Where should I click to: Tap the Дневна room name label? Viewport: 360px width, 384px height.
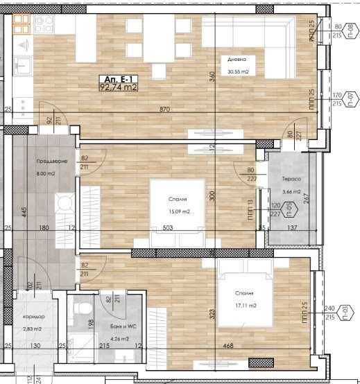[x=237, y=60]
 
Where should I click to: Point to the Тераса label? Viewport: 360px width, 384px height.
[x=290, y=179]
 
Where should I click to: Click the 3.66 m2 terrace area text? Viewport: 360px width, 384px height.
[x=291, y=191]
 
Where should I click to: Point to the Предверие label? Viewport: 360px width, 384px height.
[x=52, y=162]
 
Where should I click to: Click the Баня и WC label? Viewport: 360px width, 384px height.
[x=112, y=326]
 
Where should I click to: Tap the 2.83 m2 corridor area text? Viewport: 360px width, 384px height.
[x=33, y=329]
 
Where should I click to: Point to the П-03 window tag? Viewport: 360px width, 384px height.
[x=352, y=307]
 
